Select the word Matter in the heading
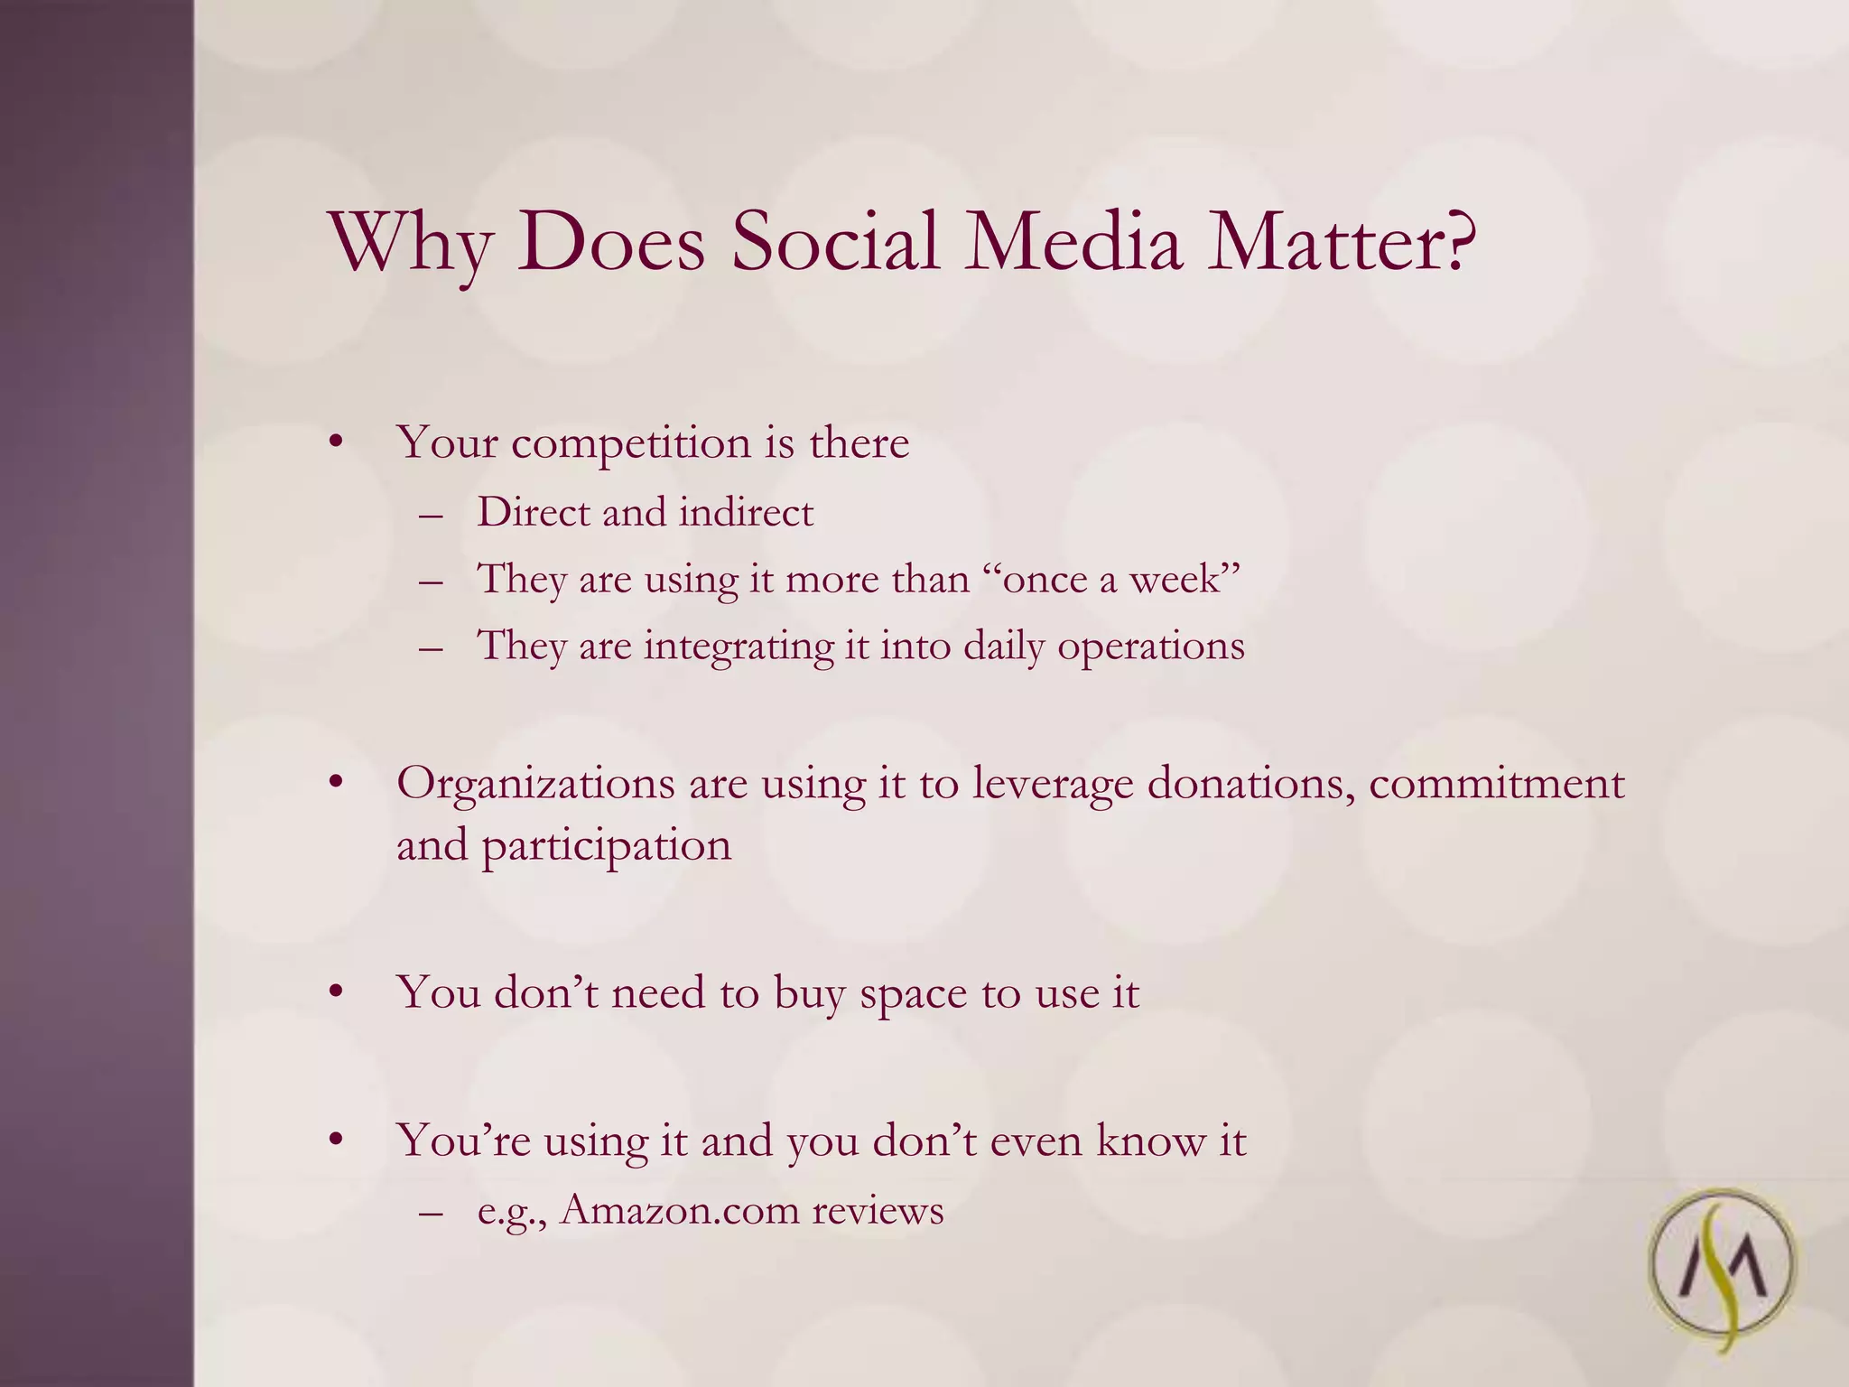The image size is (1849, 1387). [1323, 242]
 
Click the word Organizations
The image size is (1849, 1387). [535, 784]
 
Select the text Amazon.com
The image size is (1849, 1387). [679, 1211]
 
